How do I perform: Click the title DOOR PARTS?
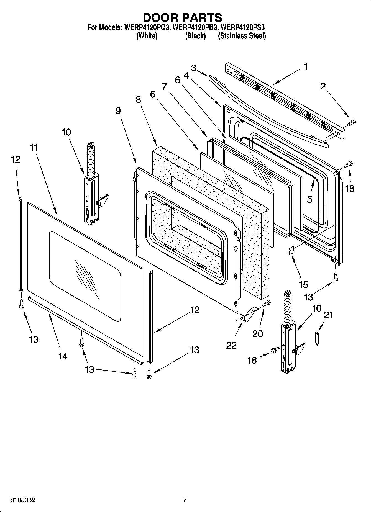tap(182, 17)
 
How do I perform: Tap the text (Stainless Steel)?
tap(242, 36)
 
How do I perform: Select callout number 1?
tap(306, 67)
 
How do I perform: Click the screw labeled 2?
tap(351, 122)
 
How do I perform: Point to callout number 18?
tap(350, 189)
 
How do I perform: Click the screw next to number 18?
tap(348, 164)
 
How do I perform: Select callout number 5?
tap(309, 199)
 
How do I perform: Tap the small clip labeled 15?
tap(290, 251)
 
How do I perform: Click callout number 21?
tap(328, 315)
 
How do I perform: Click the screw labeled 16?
tap(275, 350)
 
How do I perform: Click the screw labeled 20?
tap(266, 303)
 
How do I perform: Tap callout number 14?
tap(63, 356)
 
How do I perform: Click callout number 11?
tap(34, 148)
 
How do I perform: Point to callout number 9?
tap(118, 111)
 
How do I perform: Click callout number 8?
tap(138, 100)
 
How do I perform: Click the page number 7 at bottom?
tap(185, 500)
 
